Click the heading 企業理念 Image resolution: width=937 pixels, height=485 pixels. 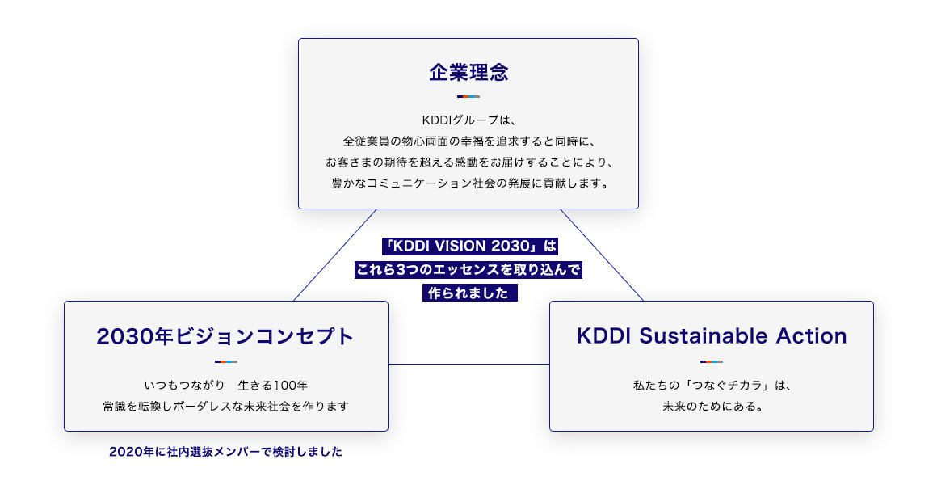468,72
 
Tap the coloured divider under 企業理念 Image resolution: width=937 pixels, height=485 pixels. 468,97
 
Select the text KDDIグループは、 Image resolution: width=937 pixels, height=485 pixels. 468,120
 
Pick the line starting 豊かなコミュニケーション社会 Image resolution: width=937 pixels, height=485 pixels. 468,183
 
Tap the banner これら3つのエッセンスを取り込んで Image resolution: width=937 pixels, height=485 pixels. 468,269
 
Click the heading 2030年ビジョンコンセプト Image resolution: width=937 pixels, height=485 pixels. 225,336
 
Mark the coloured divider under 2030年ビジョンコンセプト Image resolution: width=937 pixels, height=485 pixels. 225,361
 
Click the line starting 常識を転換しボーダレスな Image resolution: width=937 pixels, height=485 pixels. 226,406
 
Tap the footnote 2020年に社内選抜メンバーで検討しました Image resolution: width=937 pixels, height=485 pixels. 226,452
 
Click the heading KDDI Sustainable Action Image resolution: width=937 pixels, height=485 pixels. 712,336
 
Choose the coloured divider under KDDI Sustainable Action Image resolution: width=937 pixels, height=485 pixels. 712,361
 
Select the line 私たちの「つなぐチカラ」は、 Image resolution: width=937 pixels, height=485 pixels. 712,385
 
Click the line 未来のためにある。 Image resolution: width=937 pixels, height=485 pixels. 712,406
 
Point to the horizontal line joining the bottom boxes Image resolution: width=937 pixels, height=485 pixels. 468,364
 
